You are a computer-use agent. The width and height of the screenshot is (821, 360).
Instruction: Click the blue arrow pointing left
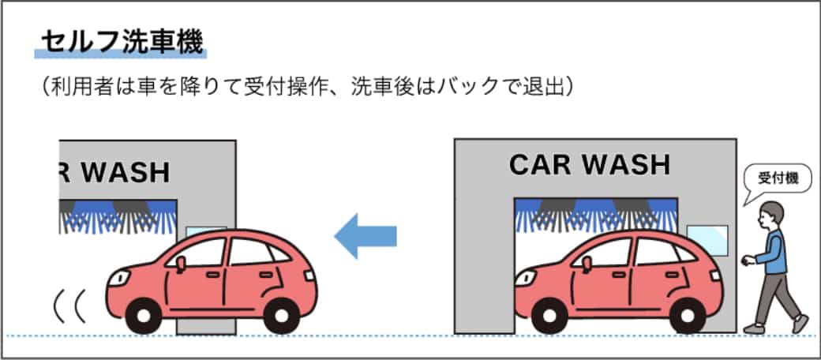(365, 235)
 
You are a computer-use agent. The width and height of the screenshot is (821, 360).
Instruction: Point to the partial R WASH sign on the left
(115, 171)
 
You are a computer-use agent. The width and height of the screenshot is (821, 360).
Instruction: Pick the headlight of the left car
(120, 277)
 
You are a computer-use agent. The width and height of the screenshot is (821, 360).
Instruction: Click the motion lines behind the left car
(69, 308)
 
